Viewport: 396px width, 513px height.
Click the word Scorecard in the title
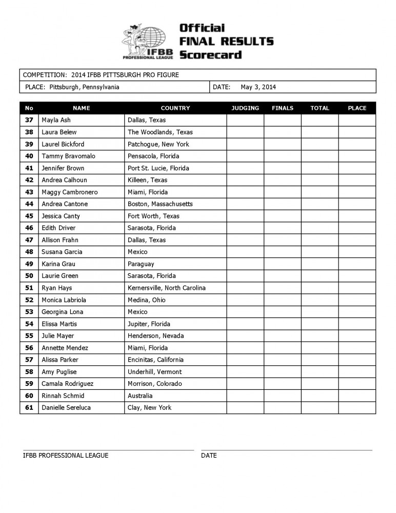[x=210, y=54]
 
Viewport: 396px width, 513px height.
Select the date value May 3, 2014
[x=258, y=87]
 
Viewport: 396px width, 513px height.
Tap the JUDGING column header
[x=245, y=108]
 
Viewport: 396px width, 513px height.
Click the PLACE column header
[x=357, y=108]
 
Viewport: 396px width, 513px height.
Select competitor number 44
[x=29, y=204]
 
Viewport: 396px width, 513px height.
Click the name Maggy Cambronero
[x=69, y=192]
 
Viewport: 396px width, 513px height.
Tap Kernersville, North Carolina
[x=166, y=288]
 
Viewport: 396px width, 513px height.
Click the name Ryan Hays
[x=56, y=288]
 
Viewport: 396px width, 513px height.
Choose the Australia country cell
[x=140, y=396]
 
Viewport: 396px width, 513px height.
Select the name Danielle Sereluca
[x=66, y=408]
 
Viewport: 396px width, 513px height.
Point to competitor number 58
[x=29, y=372]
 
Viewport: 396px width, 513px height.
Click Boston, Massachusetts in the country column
[x=160, y=204]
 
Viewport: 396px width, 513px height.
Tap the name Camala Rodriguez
[x=67, y=384]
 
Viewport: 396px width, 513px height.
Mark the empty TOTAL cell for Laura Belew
[x=320, y=132]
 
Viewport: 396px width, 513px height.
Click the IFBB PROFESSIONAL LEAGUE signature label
[x=66, y=456]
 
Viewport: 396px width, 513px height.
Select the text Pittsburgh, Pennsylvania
[x=85, y=87]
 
